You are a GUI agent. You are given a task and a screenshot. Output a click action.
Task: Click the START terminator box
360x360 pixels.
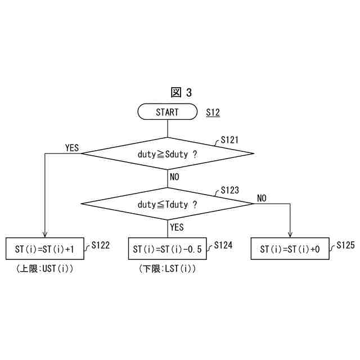167,112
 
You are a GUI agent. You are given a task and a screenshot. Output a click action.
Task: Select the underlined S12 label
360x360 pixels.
213,112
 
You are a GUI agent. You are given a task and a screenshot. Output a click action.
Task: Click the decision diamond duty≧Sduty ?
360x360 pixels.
167,154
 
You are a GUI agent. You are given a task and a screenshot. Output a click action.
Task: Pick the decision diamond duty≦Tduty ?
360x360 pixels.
167,204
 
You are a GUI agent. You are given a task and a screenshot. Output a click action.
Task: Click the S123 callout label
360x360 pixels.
229,191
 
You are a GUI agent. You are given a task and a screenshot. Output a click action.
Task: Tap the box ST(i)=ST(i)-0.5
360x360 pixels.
167,249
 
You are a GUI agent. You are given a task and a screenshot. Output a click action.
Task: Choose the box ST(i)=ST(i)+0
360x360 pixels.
290,249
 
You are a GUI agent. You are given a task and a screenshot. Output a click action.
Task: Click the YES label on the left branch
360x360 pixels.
72,148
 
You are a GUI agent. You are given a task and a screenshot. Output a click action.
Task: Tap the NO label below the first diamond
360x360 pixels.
174,177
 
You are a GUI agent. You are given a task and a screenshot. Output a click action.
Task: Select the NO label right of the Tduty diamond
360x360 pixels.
262,198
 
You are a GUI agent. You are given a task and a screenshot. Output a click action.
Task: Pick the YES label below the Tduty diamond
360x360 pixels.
177,227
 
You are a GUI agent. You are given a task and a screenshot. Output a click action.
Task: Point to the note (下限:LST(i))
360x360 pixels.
167,269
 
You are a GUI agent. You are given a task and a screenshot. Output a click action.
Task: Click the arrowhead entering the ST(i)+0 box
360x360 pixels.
290,235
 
